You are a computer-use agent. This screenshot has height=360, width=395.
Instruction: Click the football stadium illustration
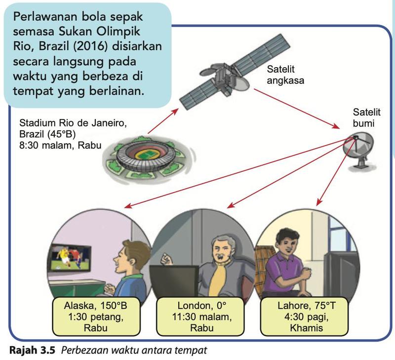point(149,159)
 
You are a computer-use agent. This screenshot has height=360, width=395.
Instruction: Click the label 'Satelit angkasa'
point(285,75)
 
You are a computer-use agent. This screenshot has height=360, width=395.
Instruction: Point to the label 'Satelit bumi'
point(366,118)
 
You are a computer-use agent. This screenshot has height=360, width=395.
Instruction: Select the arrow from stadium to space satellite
point(163,121)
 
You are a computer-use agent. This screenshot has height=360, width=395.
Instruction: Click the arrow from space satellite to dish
point(297,109)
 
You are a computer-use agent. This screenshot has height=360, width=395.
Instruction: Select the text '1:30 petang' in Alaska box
point(96,317)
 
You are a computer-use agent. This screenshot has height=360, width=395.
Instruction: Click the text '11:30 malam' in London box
point(202,317)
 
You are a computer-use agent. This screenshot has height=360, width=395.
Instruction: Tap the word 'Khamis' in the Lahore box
point(306,328)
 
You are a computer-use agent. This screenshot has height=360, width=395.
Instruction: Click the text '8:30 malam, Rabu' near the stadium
point(60,145)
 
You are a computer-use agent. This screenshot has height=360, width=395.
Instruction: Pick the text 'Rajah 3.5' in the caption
point(32,350)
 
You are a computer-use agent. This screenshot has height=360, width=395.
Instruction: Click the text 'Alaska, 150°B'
point(95,305)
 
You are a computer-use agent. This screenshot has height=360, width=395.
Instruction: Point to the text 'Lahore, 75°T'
point(307,305)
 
